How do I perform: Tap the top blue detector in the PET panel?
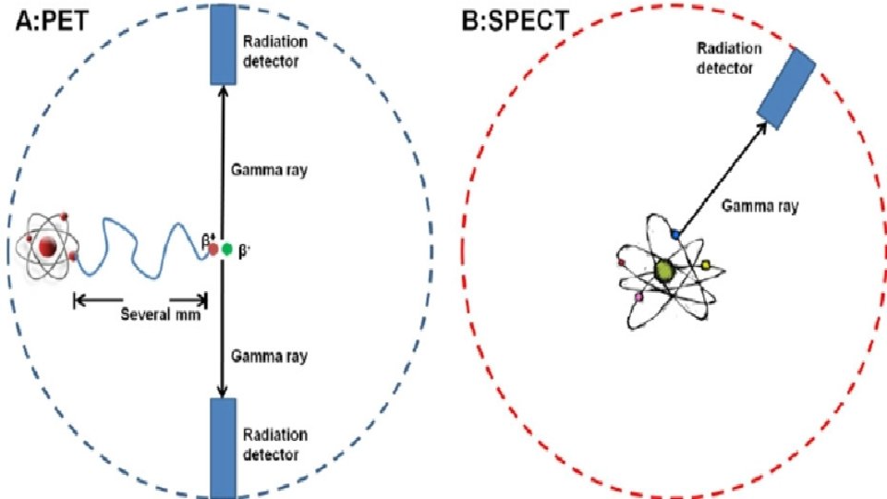click(222, 42)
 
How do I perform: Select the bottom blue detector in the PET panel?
click(223, 447)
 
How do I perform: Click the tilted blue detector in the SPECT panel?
click(786, 86)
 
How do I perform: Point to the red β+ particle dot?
click(213, 248)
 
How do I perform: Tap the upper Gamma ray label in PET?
click(270, 170)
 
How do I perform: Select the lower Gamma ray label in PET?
click(270, 356)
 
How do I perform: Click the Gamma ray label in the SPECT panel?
click(760, 206)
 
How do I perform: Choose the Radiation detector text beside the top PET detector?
click(274, 52)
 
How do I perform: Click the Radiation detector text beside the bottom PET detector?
click(274, 443)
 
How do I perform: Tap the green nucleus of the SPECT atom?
click(663, 270)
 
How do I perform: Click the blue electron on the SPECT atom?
click(675, 236)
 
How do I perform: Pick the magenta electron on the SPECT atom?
click(638, 298)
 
